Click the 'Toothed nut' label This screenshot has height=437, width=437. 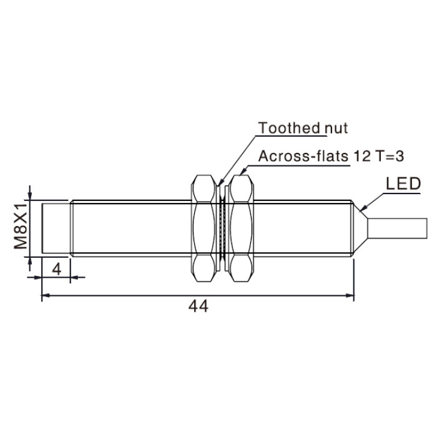303,128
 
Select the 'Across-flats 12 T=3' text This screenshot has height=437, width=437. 331,156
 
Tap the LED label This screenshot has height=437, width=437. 403,184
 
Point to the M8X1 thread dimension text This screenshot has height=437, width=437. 21,226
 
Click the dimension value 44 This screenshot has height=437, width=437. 198,307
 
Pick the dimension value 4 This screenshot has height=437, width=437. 57,269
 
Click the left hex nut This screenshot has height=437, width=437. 204,228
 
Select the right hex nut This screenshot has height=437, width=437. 241,228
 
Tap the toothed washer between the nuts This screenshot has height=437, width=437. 222,228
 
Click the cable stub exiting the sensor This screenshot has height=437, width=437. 397,228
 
